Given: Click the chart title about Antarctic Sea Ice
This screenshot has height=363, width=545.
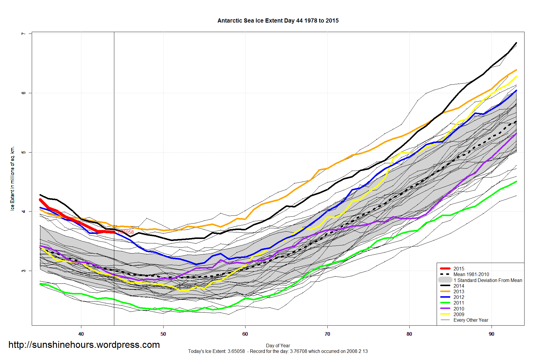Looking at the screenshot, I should pyautogui.click(x=278, y=21).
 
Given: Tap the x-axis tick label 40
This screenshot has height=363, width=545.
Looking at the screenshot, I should pyautogui.click(x=81, y=334).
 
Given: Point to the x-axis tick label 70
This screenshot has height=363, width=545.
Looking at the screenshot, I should pyautogui.click(x=327, y=334).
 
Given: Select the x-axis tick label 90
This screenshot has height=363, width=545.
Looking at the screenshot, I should pyautogui.click(x=492, y=334).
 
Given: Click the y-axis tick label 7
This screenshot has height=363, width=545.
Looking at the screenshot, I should pyautogui.click(x=23, y=34).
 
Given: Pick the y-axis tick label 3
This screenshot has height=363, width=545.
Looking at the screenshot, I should pyautogui.click(x=23, y=271).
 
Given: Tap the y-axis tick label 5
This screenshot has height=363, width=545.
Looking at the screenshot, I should pyautogui.click(x=23, y=152).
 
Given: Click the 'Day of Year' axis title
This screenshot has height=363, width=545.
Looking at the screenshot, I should pyautogui.click(x=278, y=345).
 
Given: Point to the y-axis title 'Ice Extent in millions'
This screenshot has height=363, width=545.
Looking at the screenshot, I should pyautogui.click(x=12, y=178).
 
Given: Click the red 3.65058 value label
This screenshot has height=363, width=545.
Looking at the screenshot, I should pyautogui.click(x=126, y=232).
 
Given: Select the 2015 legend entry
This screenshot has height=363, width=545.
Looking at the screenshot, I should pyautogui.click(x=459, y=269).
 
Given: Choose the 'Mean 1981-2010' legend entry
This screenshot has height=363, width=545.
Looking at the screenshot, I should pyautogui.click(x=471, y=274).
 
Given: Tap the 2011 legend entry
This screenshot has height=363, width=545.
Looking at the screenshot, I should pyautogui.click(x=459, y=303).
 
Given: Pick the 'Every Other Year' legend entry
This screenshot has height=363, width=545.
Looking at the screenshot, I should pyautogui.click(x=470, y=320).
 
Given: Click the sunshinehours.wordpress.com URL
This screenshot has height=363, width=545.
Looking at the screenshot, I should pyautogui.click(x=84, y=345).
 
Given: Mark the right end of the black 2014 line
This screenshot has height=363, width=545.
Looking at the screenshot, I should pyautogui.click(x=516, y=43).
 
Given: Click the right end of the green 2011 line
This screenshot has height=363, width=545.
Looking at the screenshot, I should pyautogui.click(x=516, y=182).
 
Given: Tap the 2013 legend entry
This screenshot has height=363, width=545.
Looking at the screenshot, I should pyautogui.click(x=459, y=291).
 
